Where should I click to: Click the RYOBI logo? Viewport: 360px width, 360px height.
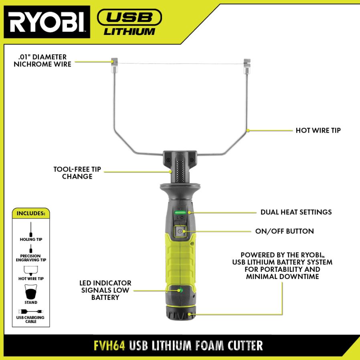point(47,22)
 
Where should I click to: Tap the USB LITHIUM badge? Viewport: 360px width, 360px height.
point(129,22)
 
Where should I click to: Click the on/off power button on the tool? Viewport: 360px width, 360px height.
point(180,231)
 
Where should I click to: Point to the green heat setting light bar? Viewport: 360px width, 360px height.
point(180,213)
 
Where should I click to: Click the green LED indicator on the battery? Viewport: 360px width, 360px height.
point(180,290)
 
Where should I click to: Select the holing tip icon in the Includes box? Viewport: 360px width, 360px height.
point(31,230)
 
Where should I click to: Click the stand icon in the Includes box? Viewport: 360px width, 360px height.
point(31,292)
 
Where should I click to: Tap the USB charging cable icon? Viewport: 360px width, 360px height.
point(31,311)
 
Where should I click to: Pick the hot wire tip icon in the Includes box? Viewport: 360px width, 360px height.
point(31,271)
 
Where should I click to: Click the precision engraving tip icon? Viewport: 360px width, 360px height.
point(31,249)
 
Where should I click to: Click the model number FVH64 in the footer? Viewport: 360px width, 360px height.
point(109,345)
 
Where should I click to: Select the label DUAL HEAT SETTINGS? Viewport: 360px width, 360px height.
point(296,212)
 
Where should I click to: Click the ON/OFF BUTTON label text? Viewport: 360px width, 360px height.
point(285,231)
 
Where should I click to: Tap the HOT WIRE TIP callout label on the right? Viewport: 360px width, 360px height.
point(318,130)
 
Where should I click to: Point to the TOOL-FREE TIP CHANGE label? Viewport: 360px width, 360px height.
point(77,173)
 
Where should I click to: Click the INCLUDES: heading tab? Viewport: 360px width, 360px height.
point(31,213)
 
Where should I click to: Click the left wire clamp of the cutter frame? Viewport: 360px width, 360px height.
point(114,65)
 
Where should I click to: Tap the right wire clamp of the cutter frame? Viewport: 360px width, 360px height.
point(247,67)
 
